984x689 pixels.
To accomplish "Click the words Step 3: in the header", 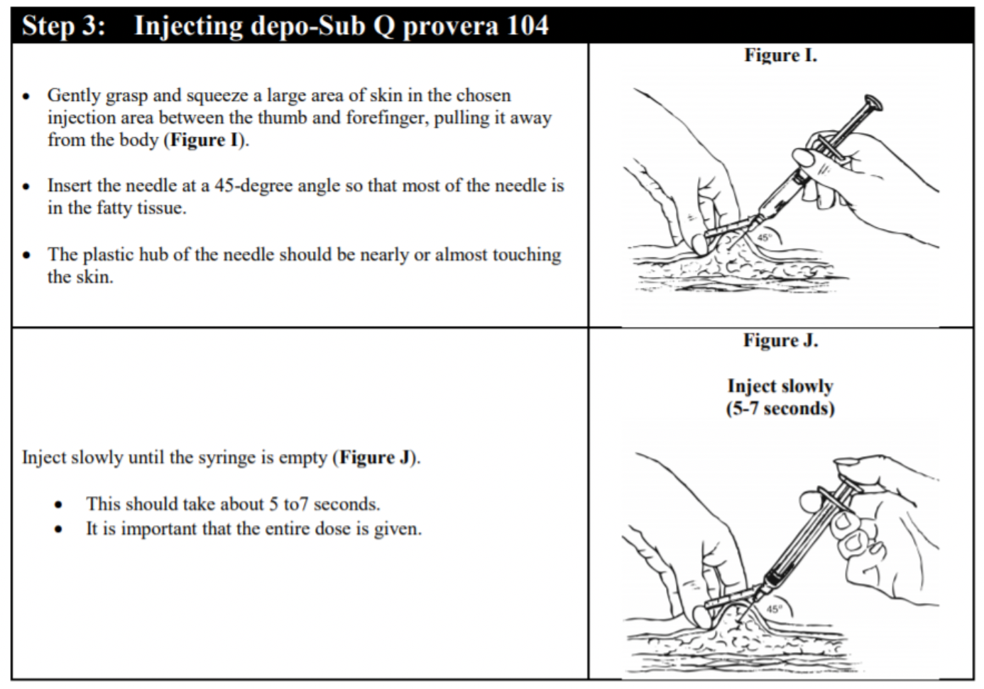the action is tap(63, 26).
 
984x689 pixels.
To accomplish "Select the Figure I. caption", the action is tap(780, 55).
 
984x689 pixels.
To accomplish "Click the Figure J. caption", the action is tap(780, 341).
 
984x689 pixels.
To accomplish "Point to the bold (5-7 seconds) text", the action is tap(780, 409).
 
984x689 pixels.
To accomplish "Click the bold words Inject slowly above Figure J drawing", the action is tap(780, 386).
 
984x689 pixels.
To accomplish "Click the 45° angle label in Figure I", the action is tap(764, 238).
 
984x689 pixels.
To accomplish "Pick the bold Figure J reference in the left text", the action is tap(376, 457).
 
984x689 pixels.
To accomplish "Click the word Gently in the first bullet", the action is tap(75, 96).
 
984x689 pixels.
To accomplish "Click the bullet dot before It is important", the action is tap(59, 530).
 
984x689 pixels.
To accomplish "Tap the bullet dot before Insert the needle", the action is tap(26, 187).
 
